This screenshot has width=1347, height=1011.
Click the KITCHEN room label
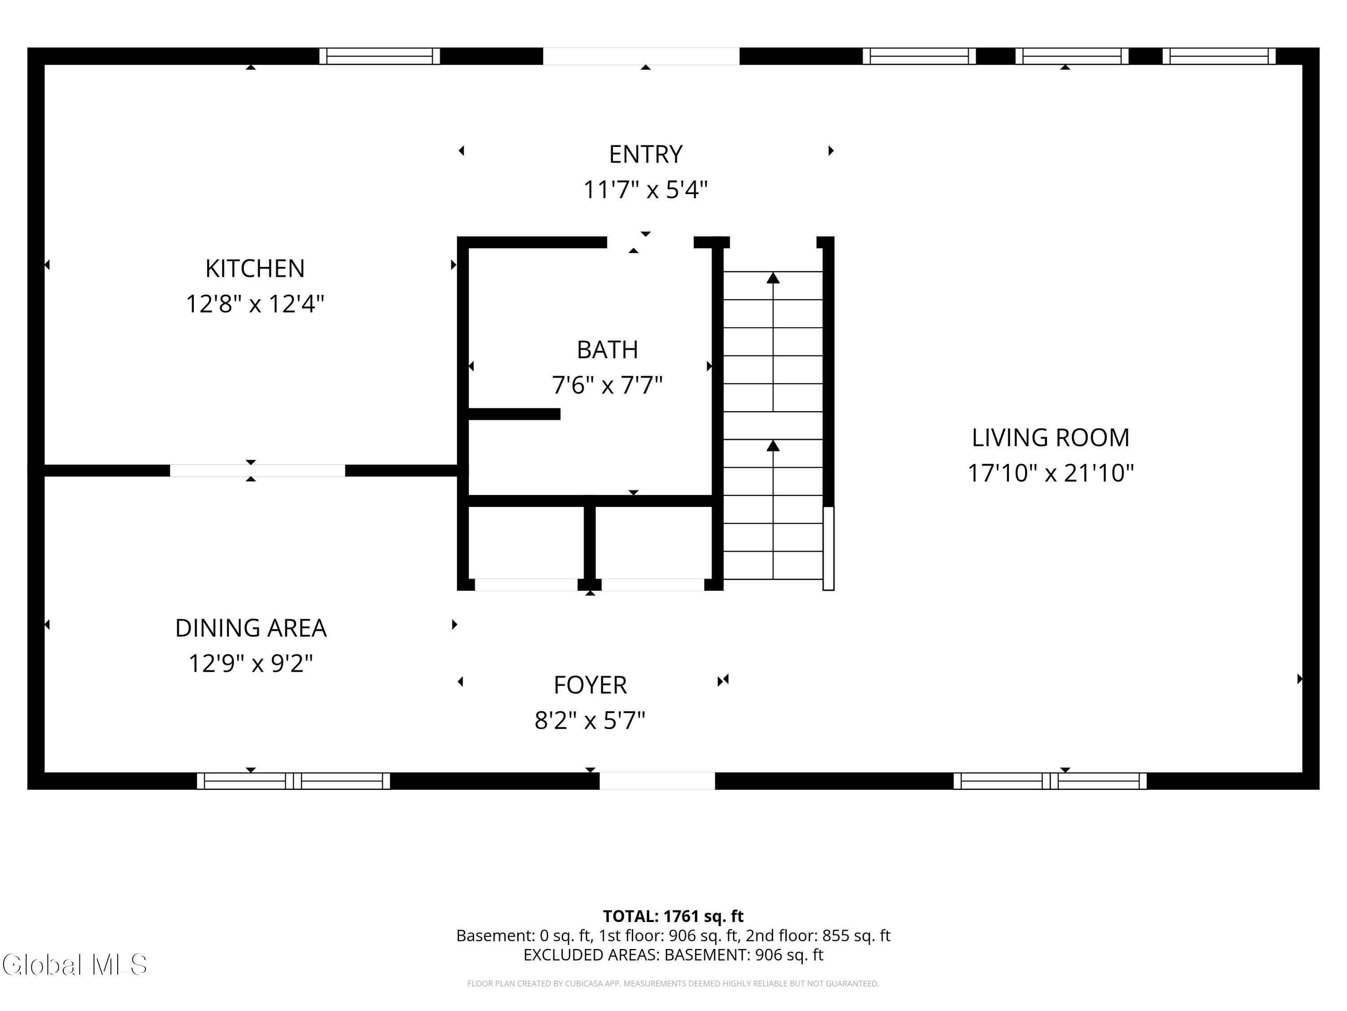tap(255, 268)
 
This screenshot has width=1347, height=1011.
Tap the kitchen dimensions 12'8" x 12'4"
tap(255, 303)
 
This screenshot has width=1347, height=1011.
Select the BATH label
tap(607, 350)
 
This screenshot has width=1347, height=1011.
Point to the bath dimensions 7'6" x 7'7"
tap(607, 385)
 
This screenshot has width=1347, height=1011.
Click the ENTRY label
tap(646, 154)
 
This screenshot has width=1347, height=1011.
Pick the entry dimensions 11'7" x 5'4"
tap(646, 190)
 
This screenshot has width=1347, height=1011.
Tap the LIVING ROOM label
tap(1051, 438)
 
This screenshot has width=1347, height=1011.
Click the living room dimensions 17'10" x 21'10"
tap(1051, 473)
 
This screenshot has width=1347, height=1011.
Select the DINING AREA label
tap(251, 628)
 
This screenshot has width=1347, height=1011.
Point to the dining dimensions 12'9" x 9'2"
tap(251, 663)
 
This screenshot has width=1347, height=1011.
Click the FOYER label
tap(590, 685)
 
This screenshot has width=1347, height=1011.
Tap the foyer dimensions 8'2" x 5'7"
tap(590, 720)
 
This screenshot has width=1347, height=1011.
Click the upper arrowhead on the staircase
tap(773, 278)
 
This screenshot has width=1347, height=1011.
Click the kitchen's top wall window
tap(379, 56)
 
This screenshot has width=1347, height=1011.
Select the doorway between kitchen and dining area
tap(257, 470)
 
